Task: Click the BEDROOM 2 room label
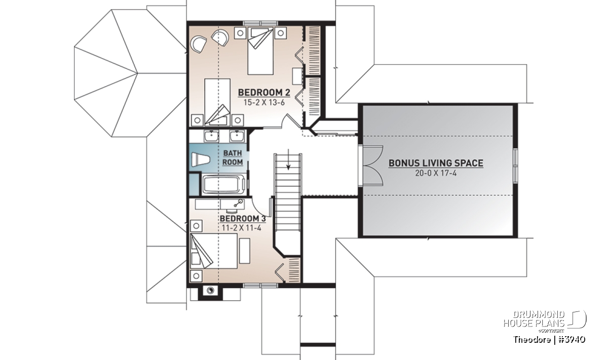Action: click(x=264, y=93)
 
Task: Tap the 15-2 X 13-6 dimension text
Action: click(x=264, y=103)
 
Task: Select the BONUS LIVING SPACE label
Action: click(x=436, y=163)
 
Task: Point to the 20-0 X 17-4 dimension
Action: click(x=436, y=173)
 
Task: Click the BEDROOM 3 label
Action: click(x=243, y=218)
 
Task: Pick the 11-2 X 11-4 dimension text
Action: click(x=242, y=228)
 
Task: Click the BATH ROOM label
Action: click(x=233, y=157)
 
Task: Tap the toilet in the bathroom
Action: click(x=201, y=159)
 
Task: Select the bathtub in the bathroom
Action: click(x=224, y=185)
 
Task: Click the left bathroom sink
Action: click(x=211, y=135)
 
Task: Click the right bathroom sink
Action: click(x=238, y=135)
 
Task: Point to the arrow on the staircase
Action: click(x=288, y=159)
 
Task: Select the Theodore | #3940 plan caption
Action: click(x=549, y=339)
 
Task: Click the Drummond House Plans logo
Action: click(x=545, y=322)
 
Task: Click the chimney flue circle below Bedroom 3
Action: click(x=210, y=291)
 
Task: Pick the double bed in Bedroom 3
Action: click(x=214, y=251)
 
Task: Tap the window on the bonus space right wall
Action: click(x=515, y=165)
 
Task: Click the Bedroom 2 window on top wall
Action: click(x=260, y=23)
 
